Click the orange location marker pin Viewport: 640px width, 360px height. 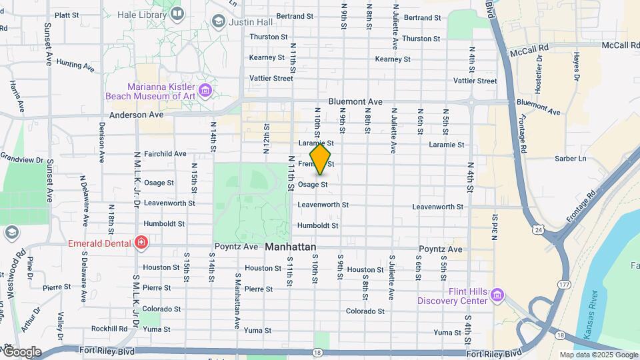tap(320, 160)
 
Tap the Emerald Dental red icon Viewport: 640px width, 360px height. tap(141, 243)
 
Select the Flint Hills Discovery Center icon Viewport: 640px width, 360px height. tap(497, 295)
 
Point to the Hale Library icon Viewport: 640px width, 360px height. tap(178, 13)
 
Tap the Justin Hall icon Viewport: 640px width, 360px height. tap(218, 22)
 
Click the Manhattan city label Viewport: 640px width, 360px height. tap(291, 247)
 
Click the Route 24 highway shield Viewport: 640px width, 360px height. tap(538, 230)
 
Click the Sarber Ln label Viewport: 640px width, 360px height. tap(571, 159)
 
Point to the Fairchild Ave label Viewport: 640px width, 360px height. tap(164, 153)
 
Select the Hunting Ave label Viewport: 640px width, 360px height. tap(75, 65)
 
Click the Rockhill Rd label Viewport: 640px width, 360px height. tap(109, 329)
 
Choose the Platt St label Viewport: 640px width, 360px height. tap(67, 15)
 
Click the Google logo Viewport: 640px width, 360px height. tap(21, 352)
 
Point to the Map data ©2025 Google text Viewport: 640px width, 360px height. tap(598, 355)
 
